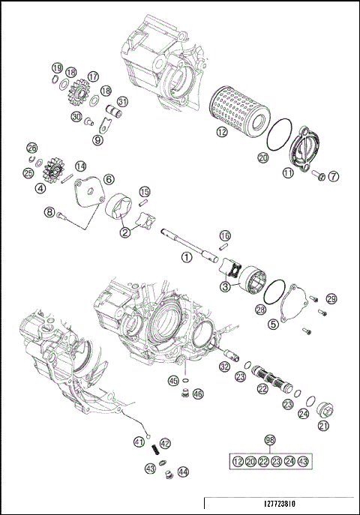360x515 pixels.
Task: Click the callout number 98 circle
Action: coord(270,441)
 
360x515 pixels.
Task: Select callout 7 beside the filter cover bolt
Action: coord(334,176)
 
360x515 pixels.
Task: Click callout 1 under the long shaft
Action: coord(186,257)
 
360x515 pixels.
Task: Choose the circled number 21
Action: coord(324,427)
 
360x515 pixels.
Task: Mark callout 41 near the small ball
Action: coord(139,442)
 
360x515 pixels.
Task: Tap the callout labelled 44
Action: coord(184,472)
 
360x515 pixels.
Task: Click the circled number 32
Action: coord(224,367)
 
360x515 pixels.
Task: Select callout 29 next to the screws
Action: coord(331,299)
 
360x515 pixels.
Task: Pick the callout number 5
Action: coord(274,325)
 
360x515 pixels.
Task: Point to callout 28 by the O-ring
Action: coord(261,309)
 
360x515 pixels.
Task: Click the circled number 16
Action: coord(224,236)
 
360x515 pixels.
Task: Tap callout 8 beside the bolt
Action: coord(50,213)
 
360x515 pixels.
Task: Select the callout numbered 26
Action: coord(31,148)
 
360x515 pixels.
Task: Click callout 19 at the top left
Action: coord(57,69)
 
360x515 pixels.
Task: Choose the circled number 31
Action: coord(121,102)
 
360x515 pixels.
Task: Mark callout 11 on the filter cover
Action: coord(288,173)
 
